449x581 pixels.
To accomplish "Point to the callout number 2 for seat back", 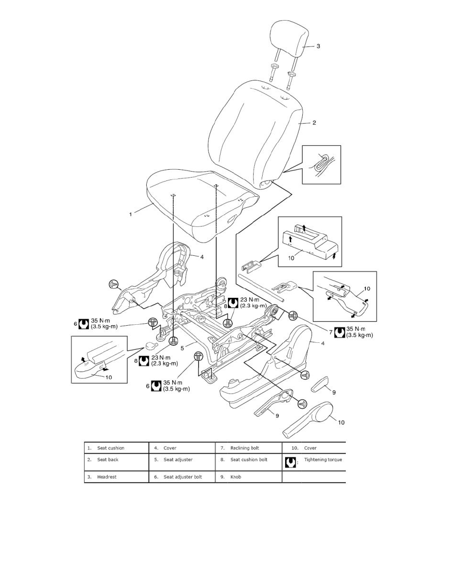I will pos(314,123).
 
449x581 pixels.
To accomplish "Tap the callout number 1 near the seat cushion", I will pos(131,214).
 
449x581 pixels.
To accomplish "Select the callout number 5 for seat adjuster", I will pos(181,348).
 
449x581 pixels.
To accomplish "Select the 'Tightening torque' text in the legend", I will pos(323,460).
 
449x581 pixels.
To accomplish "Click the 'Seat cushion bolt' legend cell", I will pos(249,460).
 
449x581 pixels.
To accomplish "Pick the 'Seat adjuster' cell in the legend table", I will pos(178,460).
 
